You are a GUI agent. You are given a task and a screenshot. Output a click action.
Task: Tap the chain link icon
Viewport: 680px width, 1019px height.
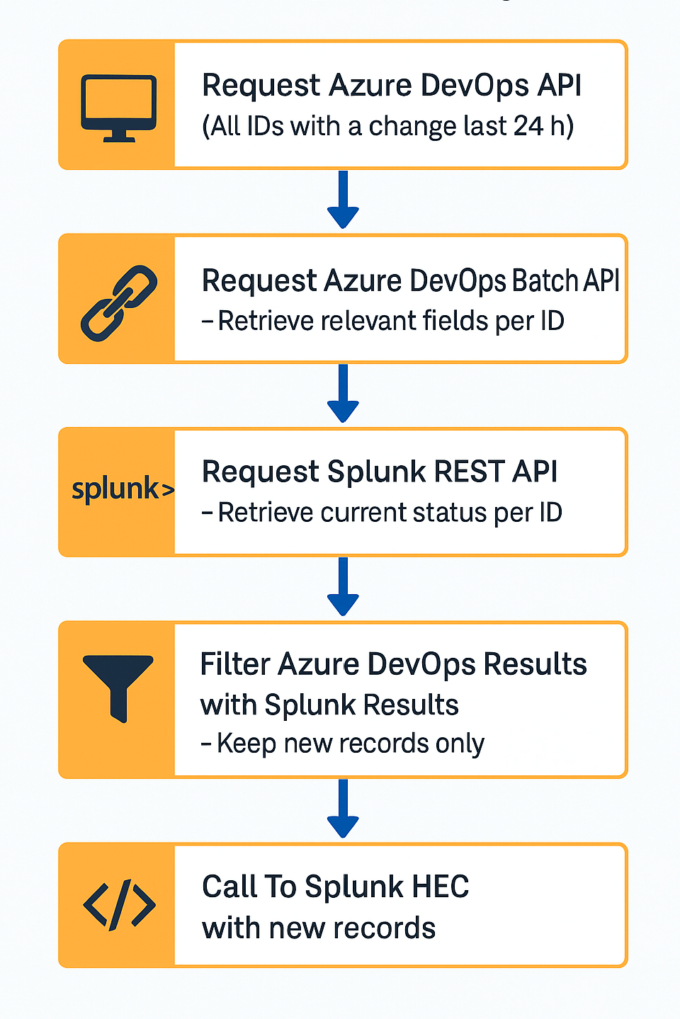(118, 302)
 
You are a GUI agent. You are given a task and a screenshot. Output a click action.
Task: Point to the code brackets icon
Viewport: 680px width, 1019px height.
(119, 904)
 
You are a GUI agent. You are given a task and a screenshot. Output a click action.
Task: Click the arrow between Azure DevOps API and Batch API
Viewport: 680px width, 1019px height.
(343, 200)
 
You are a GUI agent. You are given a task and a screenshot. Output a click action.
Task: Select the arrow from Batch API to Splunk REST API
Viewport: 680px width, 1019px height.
(343, 394)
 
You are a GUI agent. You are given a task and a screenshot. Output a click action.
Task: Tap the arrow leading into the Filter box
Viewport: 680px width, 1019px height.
(343, 587)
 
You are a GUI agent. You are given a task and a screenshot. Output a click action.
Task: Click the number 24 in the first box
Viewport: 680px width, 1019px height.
(528, 126)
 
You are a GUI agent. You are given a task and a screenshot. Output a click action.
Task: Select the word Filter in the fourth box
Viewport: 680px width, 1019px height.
(235, 664)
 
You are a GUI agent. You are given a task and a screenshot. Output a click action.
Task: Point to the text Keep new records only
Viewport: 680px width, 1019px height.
(351, 744)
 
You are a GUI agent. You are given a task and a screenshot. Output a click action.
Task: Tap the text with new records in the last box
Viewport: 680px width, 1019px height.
(319, 928)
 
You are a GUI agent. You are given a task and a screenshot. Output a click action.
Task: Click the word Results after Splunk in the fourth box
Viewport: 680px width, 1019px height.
(411, 705)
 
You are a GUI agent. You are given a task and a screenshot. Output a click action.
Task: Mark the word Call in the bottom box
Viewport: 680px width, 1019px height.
(229, 887)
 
